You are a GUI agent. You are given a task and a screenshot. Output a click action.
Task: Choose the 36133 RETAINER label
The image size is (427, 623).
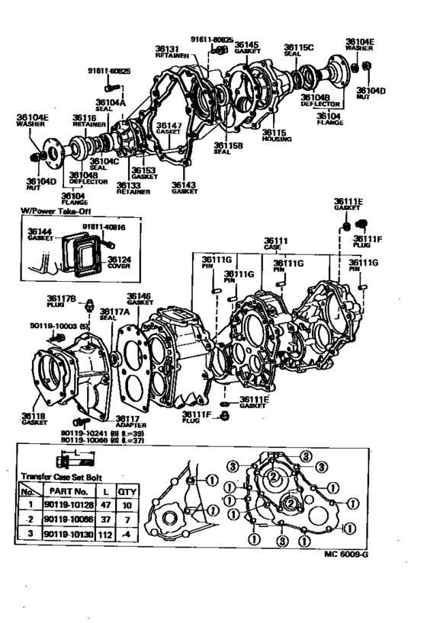coord(133,187)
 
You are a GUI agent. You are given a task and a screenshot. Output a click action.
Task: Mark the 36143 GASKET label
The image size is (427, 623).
coord(184,187)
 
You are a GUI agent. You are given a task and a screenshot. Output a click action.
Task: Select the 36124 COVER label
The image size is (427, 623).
coord(97,264)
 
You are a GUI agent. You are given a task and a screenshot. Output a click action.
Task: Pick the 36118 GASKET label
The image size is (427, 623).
coord(34,420)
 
